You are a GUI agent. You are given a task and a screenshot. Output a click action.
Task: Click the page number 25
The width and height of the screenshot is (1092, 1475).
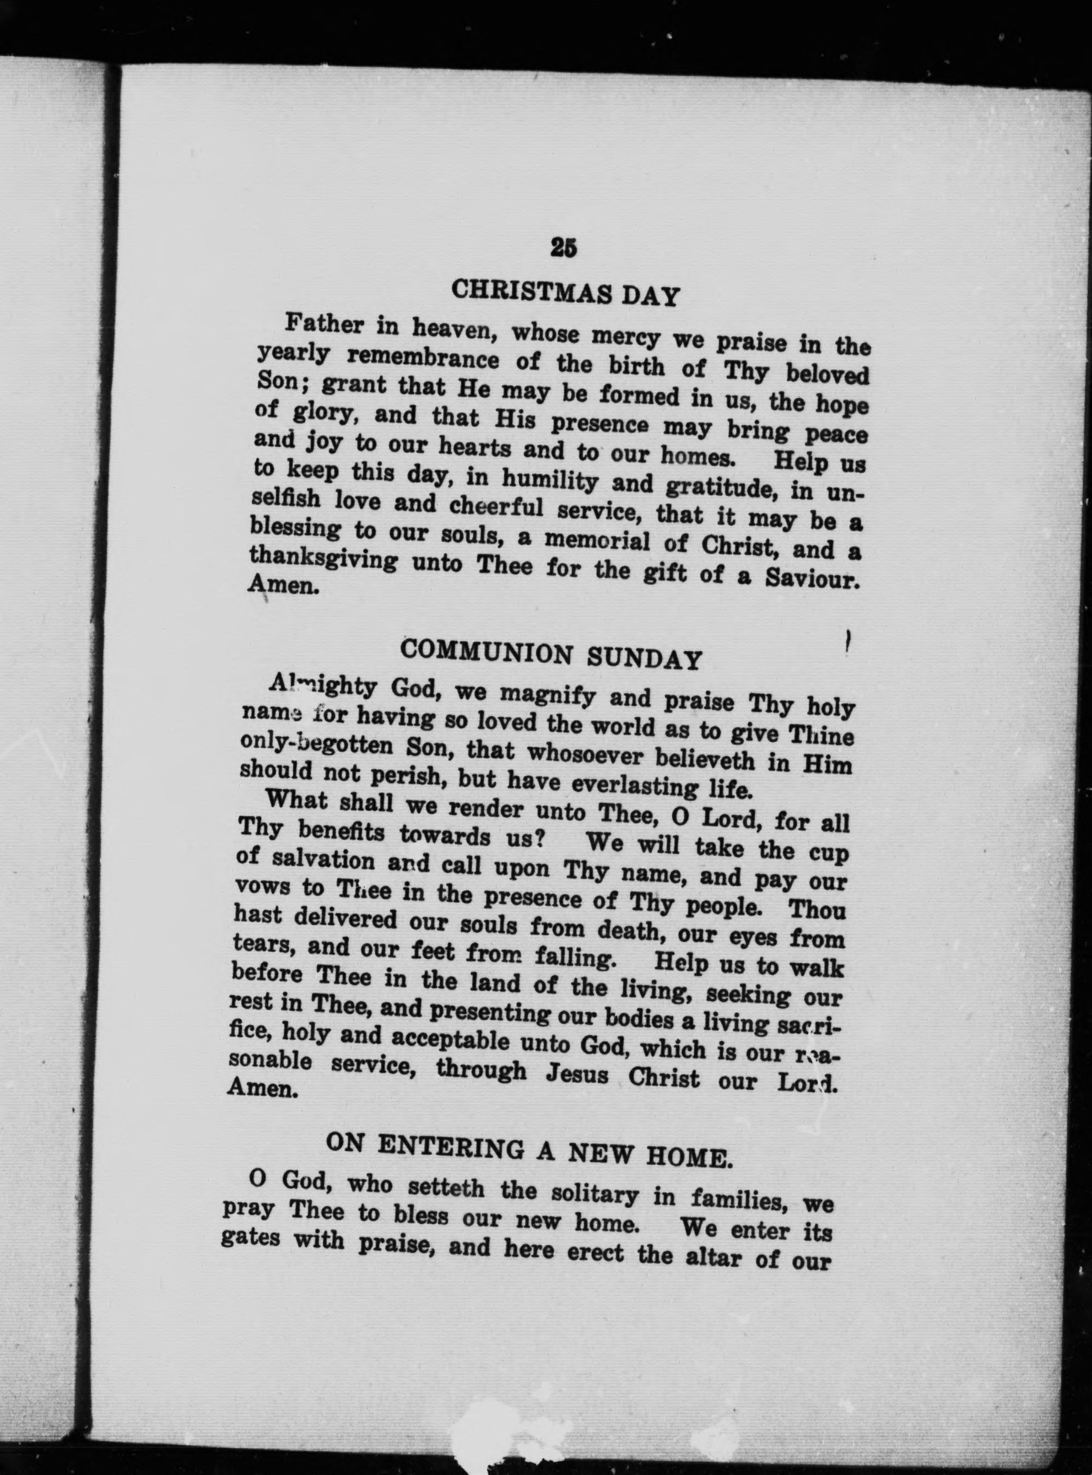(x=563, y=247)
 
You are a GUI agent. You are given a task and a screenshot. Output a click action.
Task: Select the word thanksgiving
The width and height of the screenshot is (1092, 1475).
(x=323, y=561)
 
